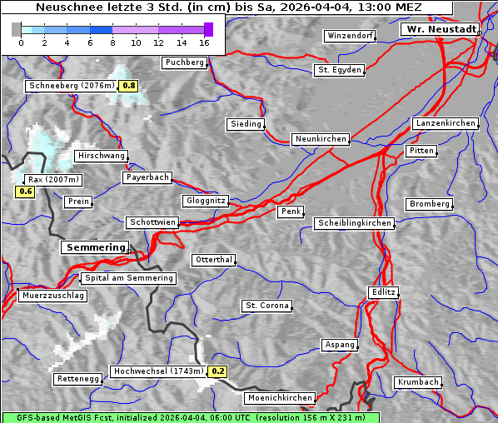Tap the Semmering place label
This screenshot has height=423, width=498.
tap(95, 247)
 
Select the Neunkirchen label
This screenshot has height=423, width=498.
tap(320, 139)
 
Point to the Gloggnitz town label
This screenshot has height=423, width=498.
tap(204, 202)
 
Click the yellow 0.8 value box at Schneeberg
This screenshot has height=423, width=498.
tap(129, 86)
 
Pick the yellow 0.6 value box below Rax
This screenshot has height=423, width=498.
tap(26, 192)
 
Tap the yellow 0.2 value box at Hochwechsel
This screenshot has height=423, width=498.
tap(217, 371)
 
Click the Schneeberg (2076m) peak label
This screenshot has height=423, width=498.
tap(71, 86)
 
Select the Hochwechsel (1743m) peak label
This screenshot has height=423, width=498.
tap(158, 371)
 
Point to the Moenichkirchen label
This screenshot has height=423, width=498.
tap(281, 399)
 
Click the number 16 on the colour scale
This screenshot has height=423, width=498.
tap(205, 42)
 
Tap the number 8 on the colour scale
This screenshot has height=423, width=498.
tap(112, 42)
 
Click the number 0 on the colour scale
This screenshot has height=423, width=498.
tap(20, 42)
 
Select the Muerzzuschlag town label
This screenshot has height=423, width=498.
tap(52, 296)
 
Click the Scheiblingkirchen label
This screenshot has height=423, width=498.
tap(354, 223)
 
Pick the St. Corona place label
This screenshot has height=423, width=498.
tap(267, 306)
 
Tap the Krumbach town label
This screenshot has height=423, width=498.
tap(417, 382)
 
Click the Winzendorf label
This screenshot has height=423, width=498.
tap(350, 36)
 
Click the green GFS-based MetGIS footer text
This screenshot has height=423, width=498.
tap(190, 417)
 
